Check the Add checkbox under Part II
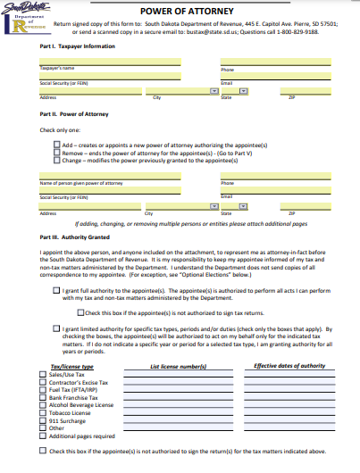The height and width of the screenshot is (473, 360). [56, 143]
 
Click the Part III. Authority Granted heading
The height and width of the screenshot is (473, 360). [75, 237]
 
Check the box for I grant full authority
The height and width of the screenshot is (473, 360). [56, 290]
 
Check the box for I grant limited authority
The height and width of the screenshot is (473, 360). [56, 328]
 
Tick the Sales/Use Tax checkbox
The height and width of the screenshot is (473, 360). [44, 374]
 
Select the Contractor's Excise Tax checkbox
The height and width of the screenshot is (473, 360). [44, 381]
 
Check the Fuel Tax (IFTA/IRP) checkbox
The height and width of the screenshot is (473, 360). [44, 389]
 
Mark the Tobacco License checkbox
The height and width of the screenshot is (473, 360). [44, 411]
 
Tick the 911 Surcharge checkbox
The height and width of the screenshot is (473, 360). [44, 419]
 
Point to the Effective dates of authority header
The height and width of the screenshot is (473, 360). [289, 366]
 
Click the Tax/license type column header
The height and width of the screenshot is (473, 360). [72, 366]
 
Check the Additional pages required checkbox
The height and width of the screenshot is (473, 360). [44, 435]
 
